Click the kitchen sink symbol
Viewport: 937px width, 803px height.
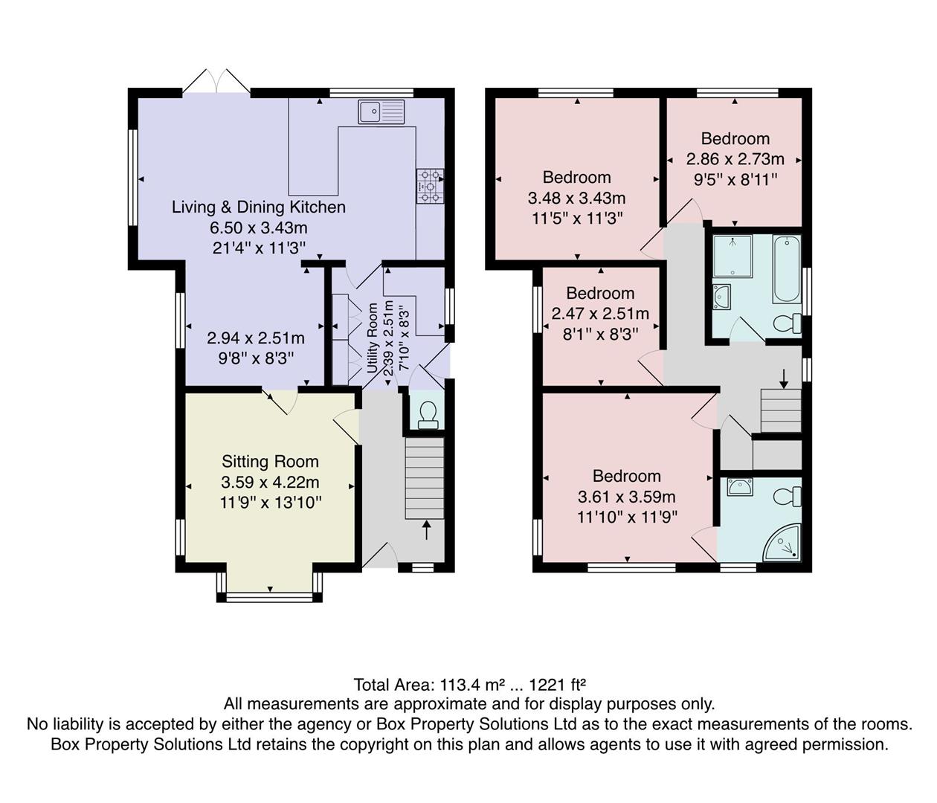click(381, 112)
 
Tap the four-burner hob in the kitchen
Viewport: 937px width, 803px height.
click(429, 186)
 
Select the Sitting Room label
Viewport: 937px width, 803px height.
click(270, 462)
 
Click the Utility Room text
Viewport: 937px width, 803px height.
click(373, 338)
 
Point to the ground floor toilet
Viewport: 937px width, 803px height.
click(428, 415)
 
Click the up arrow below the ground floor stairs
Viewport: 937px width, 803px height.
click(426, 529)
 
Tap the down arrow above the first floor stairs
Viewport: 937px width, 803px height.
click(783, 377)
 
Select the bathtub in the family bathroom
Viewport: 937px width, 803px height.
click(786, 269)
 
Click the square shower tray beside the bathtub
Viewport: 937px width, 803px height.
click(732, 256)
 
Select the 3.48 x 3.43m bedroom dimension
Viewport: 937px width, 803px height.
click(576, 198)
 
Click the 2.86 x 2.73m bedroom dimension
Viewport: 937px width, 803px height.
click(735, 159)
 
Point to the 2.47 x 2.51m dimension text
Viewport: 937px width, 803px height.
click(600, 314)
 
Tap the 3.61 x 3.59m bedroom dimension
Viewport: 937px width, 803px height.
click(626, 497)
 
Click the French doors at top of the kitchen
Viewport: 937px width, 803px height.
click(216, 82)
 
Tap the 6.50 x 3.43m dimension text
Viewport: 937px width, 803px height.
click(259, 228)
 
